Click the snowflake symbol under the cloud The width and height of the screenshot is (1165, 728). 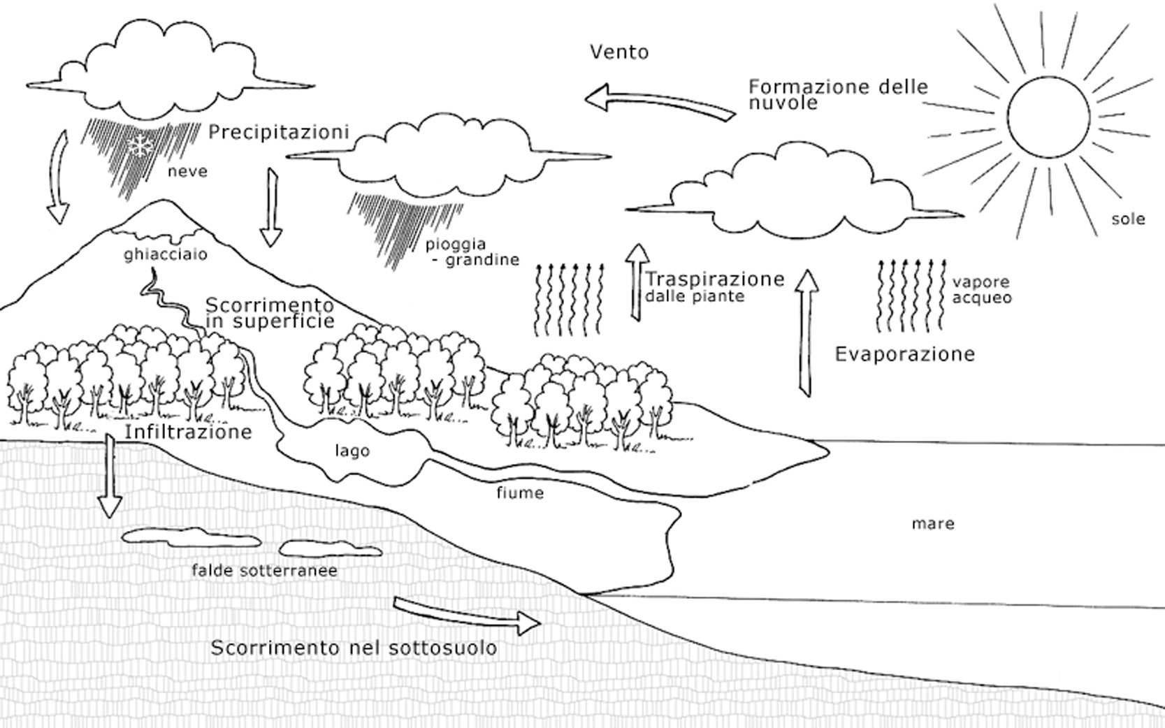pos(142,146)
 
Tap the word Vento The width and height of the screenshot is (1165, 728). pos(619,52)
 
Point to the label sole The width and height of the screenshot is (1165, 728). pos(1128,219)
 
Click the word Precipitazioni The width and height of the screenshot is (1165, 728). pos(279,132)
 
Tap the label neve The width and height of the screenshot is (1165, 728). pos(187,171)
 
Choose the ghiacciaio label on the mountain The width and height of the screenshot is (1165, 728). pos(166,254)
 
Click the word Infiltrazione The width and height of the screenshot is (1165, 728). pos(188,432)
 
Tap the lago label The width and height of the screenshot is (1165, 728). pos(352,451)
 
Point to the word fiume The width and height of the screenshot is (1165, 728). pos(520,493)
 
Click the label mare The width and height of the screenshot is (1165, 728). pos(933,523)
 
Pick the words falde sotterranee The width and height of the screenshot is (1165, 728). pos(265,571)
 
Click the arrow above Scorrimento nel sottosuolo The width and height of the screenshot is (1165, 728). pos(467,615)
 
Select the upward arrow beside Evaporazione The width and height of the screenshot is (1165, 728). pos(807,333)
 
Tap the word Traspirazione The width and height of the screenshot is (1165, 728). pos(714,279)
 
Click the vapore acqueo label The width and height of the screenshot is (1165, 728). pos(981,290)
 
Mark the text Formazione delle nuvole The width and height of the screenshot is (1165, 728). pos(838,95)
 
